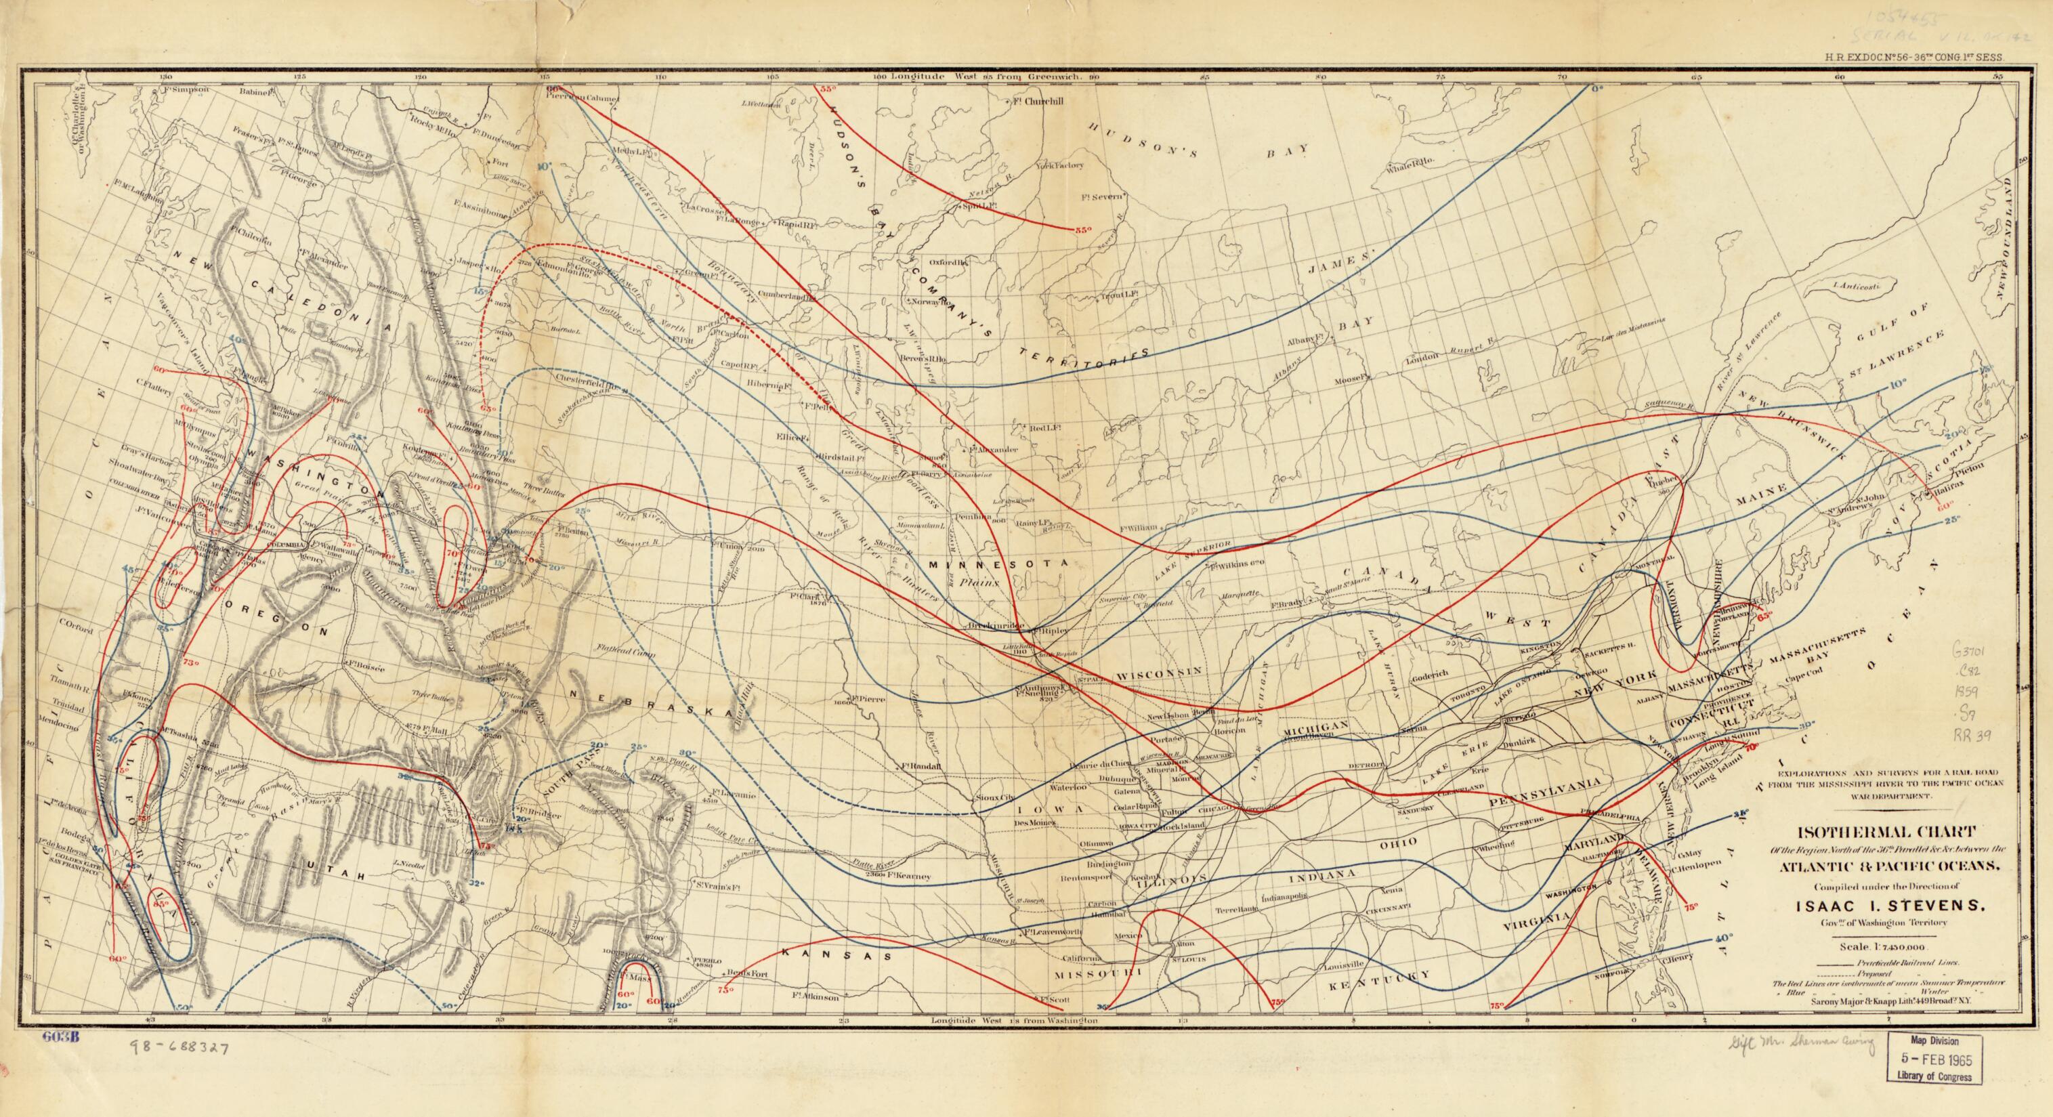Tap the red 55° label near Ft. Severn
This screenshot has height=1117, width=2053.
[1082, 230]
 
